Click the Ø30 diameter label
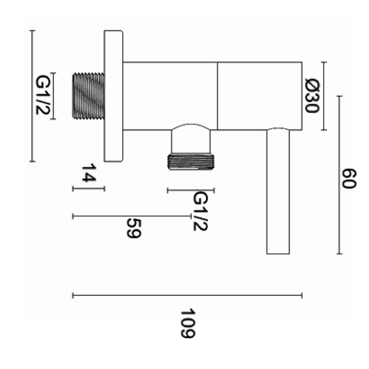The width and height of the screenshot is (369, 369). pos(312,96)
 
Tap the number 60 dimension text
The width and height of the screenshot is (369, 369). pos(349,178)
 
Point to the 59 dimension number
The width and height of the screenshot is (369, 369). pos(134,228)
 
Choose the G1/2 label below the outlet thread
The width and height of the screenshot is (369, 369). pos(200,211)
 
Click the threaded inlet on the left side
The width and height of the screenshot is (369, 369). pos(88,96)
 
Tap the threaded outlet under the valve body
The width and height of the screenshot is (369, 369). pos(191,162)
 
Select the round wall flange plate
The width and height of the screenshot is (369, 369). pos(113,96)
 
